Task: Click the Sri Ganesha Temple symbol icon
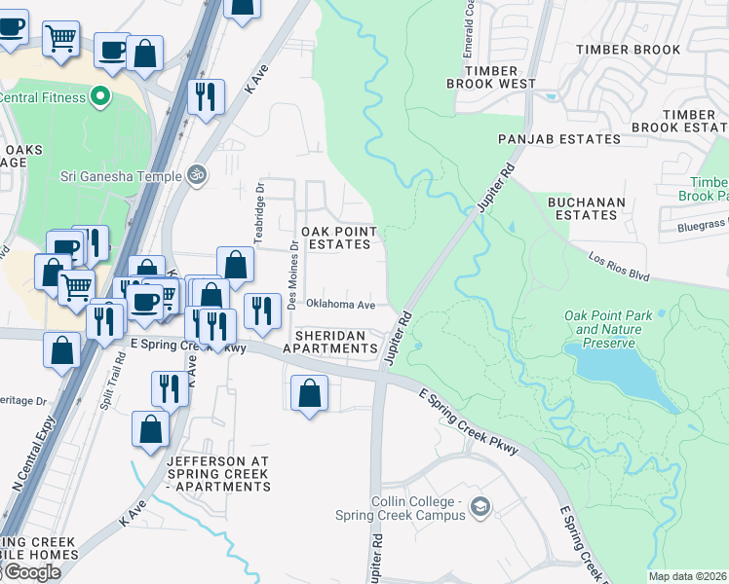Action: (197, 175)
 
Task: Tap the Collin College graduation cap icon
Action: (480, 506)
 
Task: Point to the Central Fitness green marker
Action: (98, 96)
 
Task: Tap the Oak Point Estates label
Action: (335, 237)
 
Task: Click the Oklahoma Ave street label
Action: (340, 305)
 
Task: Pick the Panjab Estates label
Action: (558, 139)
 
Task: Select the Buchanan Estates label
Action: (585, 207)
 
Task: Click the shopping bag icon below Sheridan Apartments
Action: (309, 394)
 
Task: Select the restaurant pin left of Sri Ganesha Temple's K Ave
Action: (206, 96)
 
